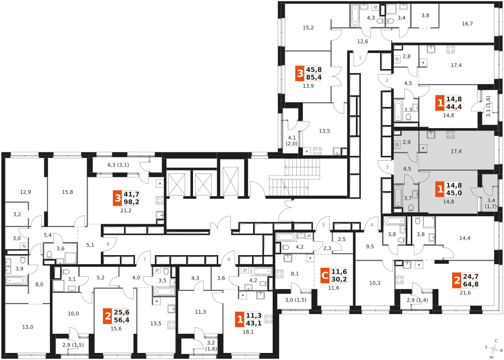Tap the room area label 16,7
click(467, 24)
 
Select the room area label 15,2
click(308, 28)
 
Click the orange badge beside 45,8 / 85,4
click(300, 74)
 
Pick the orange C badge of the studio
click(325, 275)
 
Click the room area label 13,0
click(28, 327)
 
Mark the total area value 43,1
click(254, 323)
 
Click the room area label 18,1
click(248, 332)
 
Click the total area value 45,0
click(454, 193)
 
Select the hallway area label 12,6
click(362, 41)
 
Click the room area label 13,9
click(308, 86)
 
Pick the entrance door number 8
click(108, 244)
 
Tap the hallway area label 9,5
click(370, 247)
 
